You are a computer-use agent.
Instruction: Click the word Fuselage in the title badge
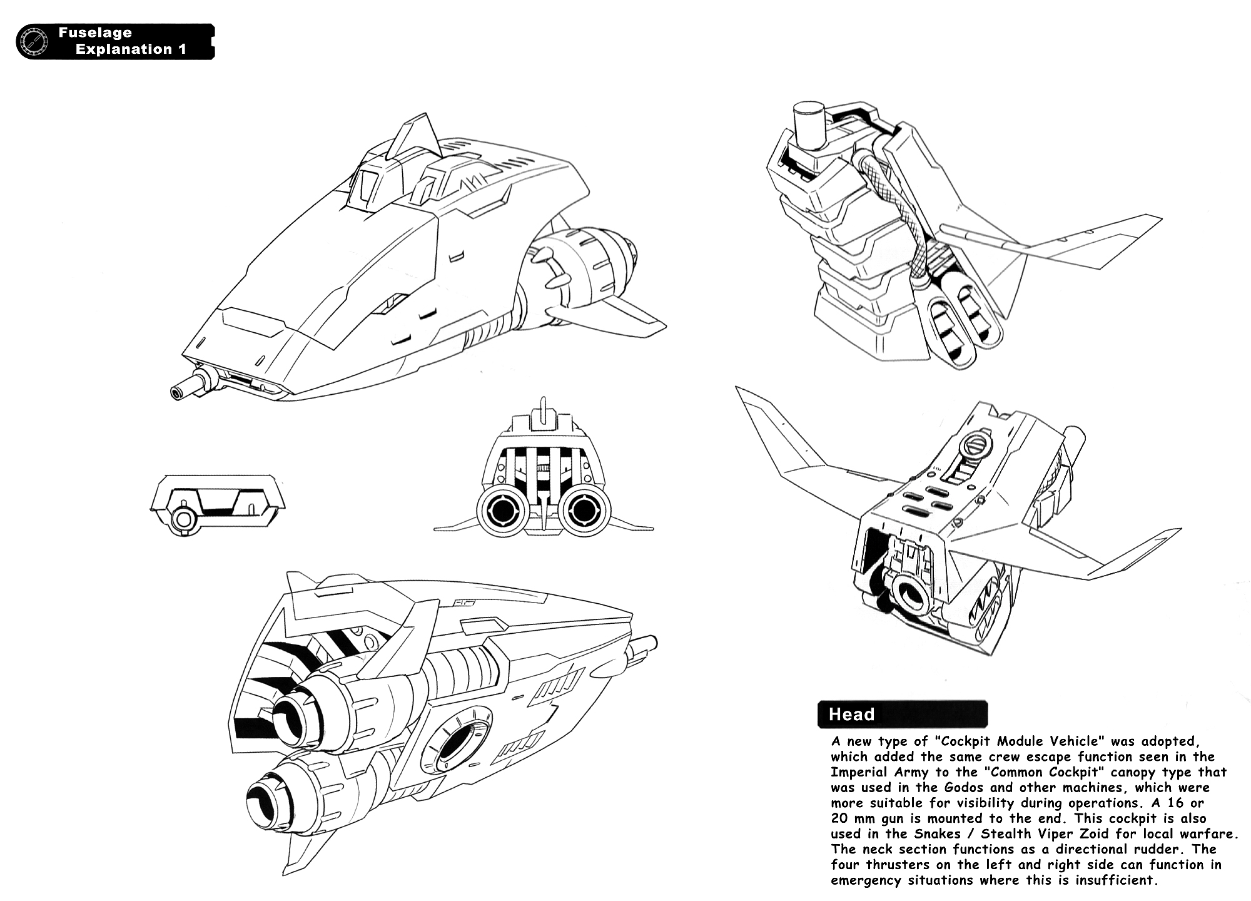pyautogui.click(x=95, y=33)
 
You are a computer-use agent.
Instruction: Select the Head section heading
pyautogui.click(x=851, y=715)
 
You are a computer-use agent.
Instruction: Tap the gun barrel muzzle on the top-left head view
pyautogui.click(x=177, y=392)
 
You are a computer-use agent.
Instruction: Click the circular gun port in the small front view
pyautogui.click(x=183, y=519)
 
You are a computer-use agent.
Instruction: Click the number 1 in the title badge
pyautogui.click(x=183, y=49)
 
